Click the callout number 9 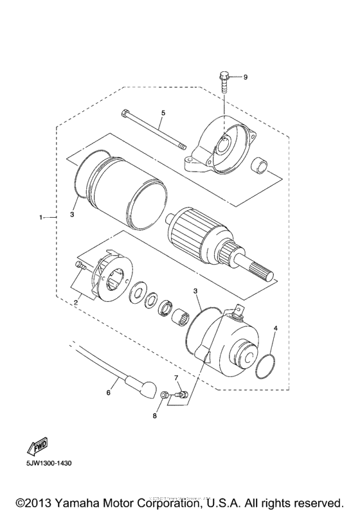tap(245, 77)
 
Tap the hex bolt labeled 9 tap(222, 80)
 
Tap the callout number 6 tap(108, 391)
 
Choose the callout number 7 tap(175, 377)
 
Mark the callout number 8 tap(154, 417)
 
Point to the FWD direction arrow tap(33, 446)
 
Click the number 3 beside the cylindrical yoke tap(73, 215)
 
